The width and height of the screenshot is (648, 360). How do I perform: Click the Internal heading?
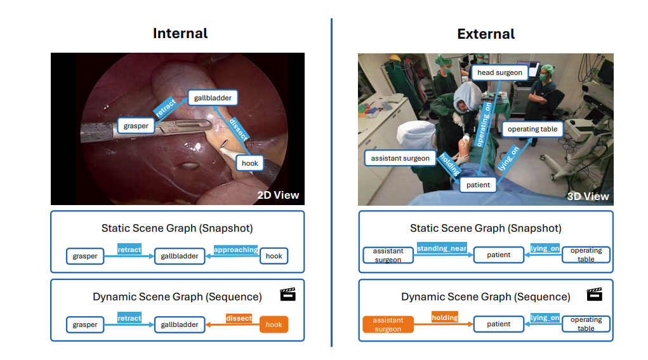180,33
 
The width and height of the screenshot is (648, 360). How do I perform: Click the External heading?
486,34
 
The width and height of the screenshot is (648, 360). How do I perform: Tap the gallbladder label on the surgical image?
213,98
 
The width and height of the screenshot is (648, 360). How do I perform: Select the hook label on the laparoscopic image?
250,163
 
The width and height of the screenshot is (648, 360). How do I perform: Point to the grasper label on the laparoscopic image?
136,126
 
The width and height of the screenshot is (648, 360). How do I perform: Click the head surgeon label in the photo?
499,72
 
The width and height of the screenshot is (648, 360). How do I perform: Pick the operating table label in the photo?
532,129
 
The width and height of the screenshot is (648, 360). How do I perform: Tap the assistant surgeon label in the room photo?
400,158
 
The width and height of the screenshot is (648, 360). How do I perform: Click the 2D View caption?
277,195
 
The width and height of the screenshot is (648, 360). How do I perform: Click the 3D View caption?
588,196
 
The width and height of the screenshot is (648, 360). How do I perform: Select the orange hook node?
274,324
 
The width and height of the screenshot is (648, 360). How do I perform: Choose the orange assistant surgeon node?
388,324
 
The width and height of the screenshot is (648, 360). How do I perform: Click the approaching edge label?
235,250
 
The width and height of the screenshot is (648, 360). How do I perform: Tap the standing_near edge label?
441,248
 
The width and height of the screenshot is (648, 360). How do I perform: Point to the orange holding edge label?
445,317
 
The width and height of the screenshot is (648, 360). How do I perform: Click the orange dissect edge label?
239,318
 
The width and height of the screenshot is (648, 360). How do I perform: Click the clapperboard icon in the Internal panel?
288,295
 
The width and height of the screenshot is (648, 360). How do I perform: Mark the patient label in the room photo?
478,185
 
